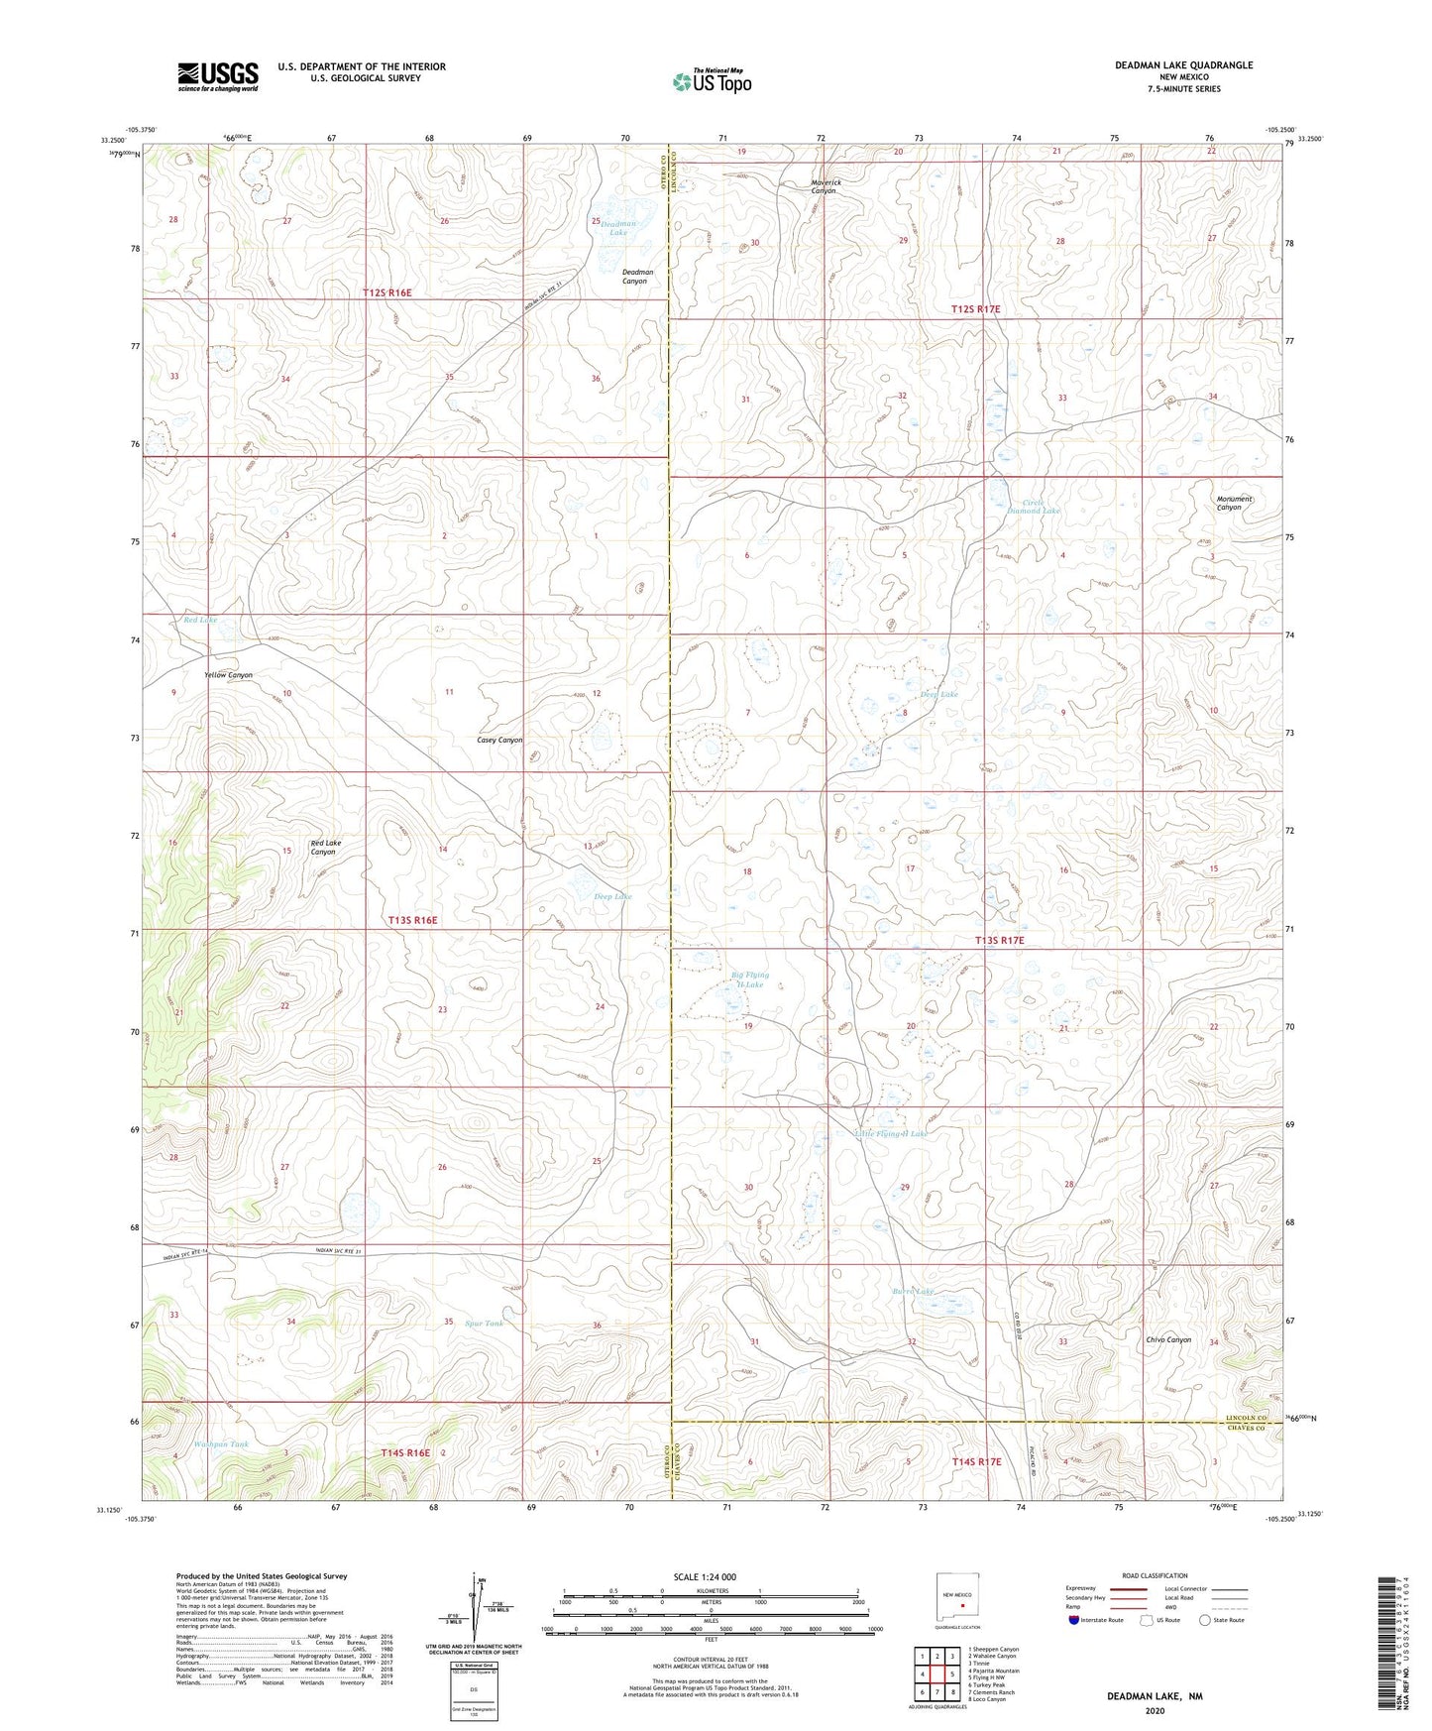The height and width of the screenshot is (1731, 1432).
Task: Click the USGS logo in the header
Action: [218, 76]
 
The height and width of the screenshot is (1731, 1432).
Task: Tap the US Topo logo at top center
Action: [712, 81]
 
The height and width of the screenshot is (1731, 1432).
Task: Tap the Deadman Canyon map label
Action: [636, 276]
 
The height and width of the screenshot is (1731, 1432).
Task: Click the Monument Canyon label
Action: [1234, 503]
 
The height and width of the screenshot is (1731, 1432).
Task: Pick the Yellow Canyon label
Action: [228, 675]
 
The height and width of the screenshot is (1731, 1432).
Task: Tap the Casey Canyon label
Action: [499, 741]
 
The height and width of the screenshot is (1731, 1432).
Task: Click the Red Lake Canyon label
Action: [325, 848]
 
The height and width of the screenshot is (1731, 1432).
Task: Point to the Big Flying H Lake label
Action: [750, 980]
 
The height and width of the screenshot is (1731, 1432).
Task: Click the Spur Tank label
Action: [484, 1324]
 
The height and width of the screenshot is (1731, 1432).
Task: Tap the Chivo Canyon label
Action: [1168, 1340]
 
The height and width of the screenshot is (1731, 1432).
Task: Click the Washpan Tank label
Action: [222, 1444]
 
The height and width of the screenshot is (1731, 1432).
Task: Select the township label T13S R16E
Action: [412, 920]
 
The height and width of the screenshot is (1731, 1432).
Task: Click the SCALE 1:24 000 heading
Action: [705, 1577]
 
